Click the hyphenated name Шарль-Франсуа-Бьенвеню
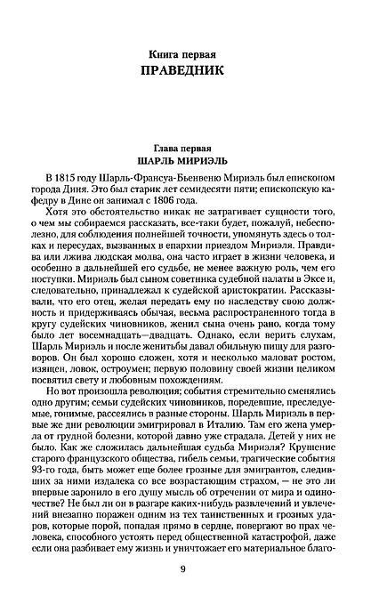point(153,181)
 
